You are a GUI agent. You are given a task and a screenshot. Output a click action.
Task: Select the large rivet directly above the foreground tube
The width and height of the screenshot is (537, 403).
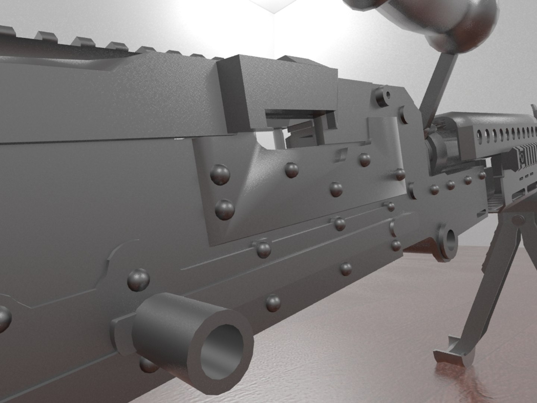click(x=139, y=280)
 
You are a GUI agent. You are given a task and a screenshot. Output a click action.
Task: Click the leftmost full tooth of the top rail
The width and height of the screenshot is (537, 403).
click(x=45, y=35)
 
